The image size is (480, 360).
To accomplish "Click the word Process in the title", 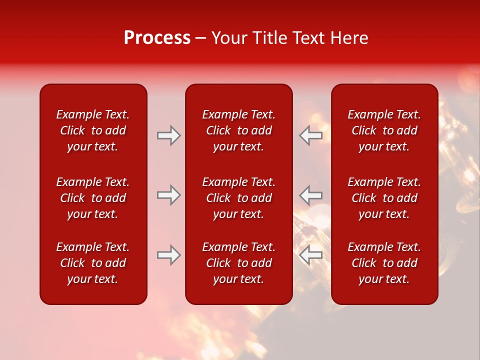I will pos(157,38).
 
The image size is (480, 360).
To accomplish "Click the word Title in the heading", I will pos(269,38).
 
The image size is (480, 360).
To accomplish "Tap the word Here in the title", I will pos(349,38).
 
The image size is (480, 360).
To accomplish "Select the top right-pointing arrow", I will pos(169,135).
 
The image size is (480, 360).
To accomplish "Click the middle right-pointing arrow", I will pos(169,195).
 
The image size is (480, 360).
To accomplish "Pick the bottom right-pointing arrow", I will pos(169,255).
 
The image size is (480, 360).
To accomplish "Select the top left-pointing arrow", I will pos(310,135).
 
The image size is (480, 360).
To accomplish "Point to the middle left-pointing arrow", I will pos(310,195).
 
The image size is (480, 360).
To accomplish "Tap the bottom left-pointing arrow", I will pos(310,255).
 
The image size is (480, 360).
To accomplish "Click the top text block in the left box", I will pos(93,130).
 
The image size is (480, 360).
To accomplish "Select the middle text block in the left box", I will pos(93,198).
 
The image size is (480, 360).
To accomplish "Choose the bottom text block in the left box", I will pos(93,263).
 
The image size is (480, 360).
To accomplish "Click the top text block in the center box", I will pos(238,130).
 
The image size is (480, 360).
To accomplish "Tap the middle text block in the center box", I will pos(238,198).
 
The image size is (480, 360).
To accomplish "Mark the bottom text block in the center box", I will pos(238,263).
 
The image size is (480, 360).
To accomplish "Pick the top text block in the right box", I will pos(384,130).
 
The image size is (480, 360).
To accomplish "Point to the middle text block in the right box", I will pos(384,198).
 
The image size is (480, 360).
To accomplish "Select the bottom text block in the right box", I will pos(384,263).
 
